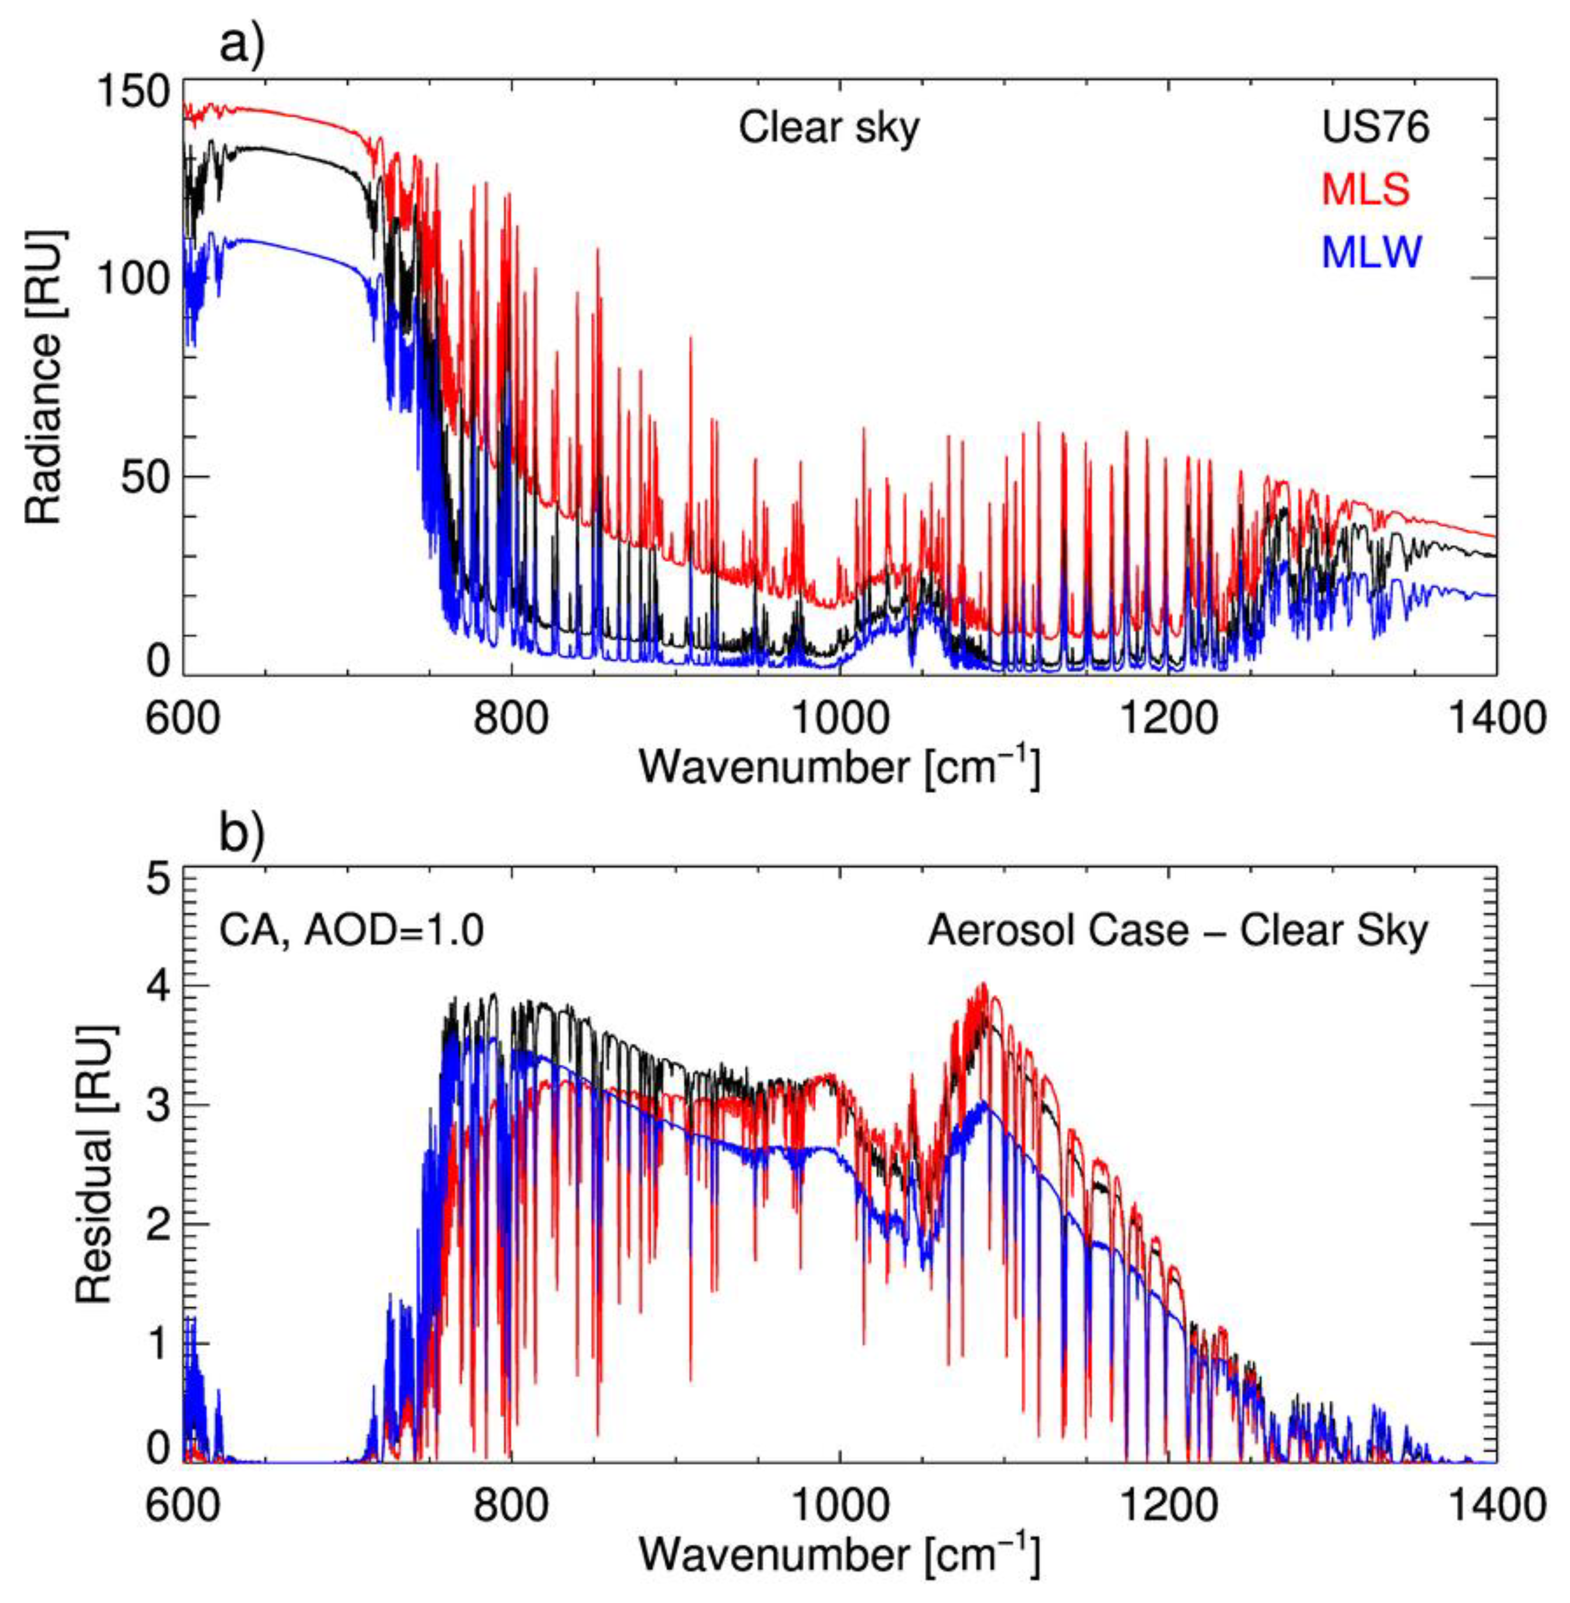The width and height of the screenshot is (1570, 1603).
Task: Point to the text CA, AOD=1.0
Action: [350, 931]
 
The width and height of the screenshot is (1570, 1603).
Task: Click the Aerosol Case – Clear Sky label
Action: [1178, 931]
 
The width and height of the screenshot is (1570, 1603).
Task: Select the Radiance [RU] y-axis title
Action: [46, 377]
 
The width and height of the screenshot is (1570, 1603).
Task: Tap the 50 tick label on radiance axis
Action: [146, 477]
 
